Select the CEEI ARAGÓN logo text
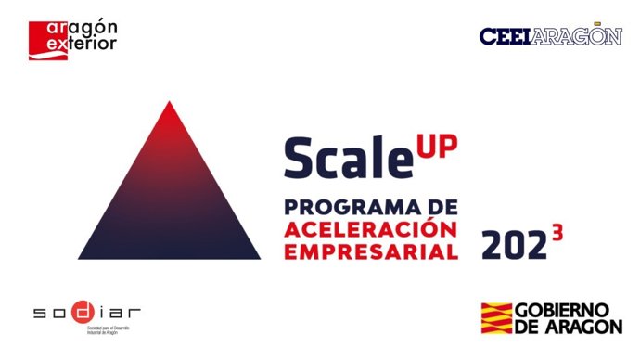pyautogui.click(x=550, y=35)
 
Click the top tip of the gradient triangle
pyautogui.click(x=168, y=103)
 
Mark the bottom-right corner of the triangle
pyautogui.click(x=259, y=257)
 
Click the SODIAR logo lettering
pyautogui.click(x=87, y=312)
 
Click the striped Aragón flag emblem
pyautogui.click(x=499, y=317)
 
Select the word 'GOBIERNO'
pyautogui.click(x=570, y=309)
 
